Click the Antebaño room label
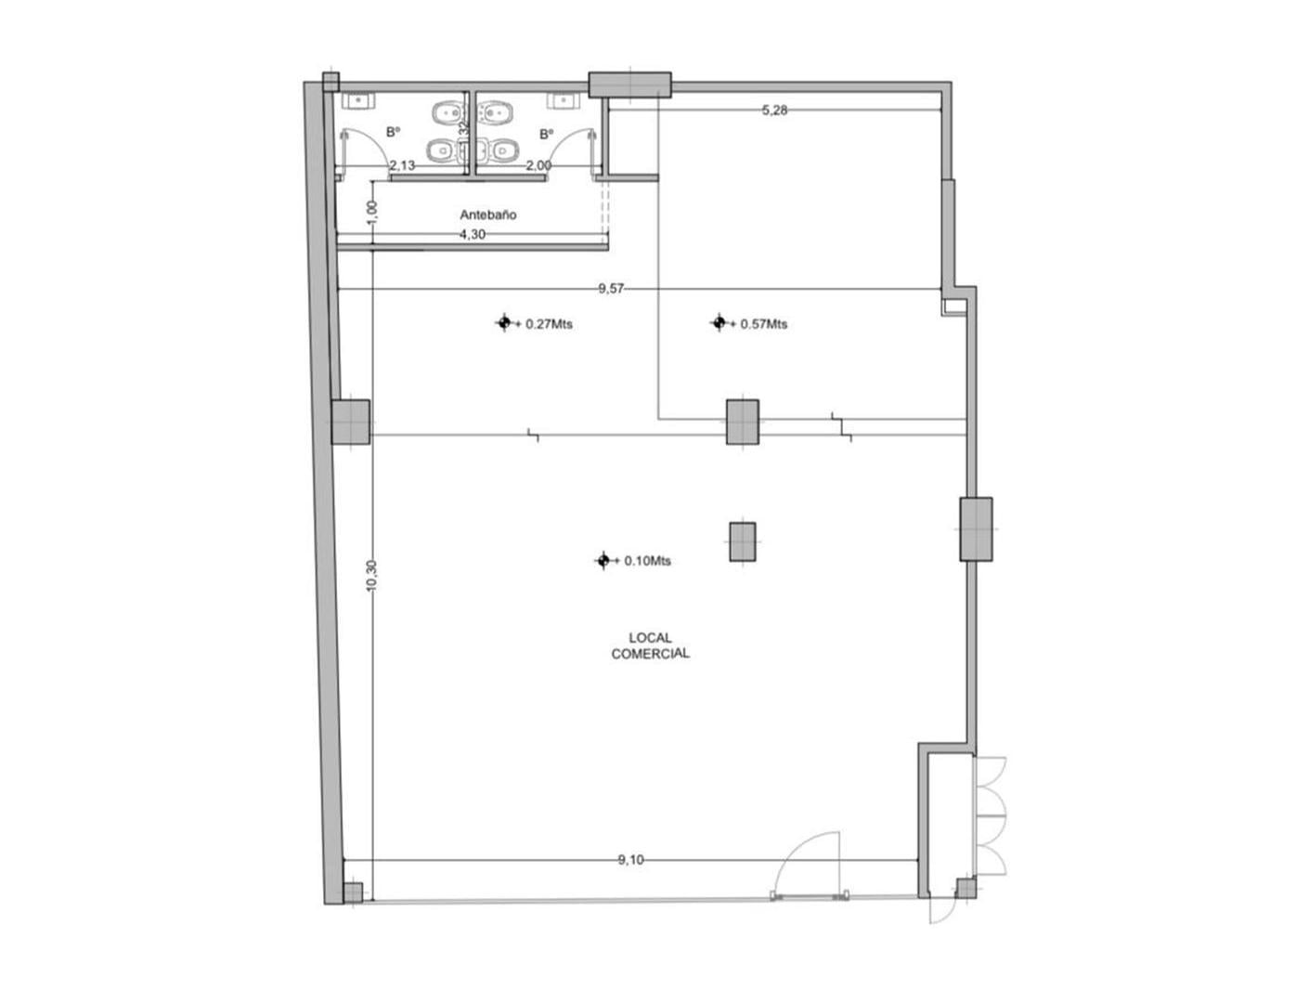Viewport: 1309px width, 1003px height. click(x=488, y=215)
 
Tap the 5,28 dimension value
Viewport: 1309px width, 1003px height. click(x=774, y=111)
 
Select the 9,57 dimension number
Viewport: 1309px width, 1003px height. click(x=611, y=289)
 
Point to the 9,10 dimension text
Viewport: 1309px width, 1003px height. click(x=630, y=860)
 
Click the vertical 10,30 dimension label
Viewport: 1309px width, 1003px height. click(x=371, y=576)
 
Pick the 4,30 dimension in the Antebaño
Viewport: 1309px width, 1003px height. click(x=473, y=235)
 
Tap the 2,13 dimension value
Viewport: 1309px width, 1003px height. click(x=402, y=165)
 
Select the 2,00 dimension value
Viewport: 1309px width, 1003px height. click(x=538, y=165)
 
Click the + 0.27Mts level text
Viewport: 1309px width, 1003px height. click(x=544, y=324)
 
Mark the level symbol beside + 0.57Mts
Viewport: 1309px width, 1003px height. click(x=719, y=322)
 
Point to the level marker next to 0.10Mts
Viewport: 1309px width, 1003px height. click(x=603, y=560)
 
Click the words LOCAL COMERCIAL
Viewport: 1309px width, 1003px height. click(x=650, y=645)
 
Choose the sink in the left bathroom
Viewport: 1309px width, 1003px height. click(x=358, y=100)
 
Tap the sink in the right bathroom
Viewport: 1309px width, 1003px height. click(x=564, y=100)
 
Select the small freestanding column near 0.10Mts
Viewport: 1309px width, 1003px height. click(x=742, y=542)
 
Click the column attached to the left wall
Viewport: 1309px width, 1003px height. click(x=351, y=423)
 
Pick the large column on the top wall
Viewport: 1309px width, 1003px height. click(x=629, y=85)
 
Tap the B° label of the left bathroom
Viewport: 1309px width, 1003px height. click(x=394, y=132)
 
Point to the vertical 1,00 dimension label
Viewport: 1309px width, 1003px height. click(x=371, y=212)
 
